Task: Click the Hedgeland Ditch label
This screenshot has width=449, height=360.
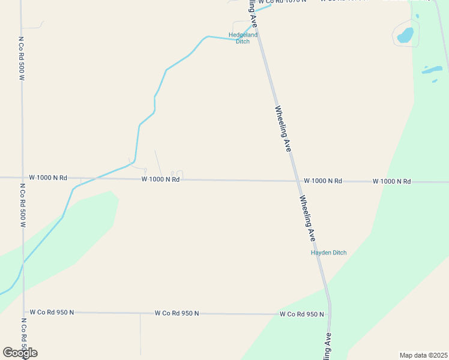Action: (243, 38)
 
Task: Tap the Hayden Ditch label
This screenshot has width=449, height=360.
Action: (328, 253)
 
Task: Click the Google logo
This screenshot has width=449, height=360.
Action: (20, 352)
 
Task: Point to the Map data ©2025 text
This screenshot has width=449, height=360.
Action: (423, 355)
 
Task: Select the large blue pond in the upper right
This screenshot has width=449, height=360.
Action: (405, 35)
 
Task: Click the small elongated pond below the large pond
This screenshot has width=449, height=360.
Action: (432, 70)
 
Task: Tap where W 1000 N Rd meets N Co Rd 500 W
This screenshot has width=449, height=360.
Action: (22, 178)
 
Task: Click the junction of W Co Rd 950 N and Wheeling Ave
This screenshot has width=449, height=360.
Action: (329, 314)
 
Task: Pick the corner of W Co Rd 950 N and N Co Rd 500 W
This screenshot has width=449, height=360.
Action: (25, 312)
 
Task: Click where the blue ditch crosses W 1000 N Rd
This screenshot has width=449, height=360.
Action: (108, 178)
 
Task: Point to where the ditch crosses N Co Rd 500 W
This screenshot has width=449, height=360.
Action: (23, 263)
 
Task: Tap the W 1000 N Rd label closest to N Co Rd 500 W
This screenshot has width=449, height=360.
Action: (48, 178)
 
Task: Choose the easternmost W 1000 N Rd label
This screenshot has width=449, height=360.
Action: (391, 181)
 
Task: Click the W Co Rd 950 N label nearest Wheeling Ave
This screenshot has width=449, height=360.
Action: (301, 314)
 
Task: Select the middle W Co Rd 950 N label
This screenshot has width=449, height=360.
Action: (176, 313)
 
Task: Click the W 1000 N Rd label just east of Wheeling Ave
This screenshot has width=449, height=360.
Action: (323, 181)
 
